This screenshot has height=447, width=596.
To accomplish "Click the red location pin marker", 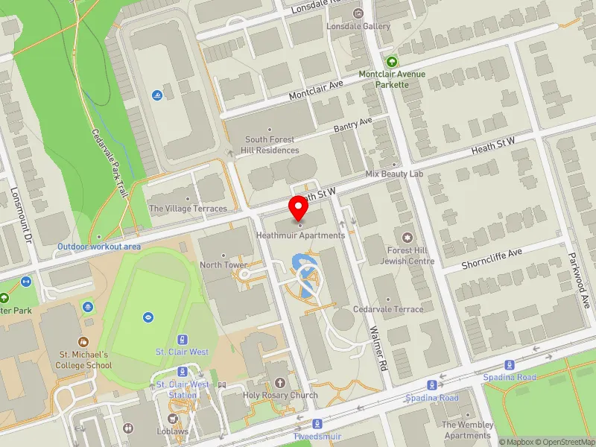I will coord(299,210).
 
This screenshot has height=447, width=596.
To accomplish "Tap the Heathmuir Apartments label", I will coord(300,235).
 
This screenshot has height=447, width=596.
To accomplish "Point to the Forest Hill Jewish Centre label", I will coord(407,256).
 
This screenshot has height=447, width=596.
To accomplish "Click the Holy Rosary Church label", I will coord(280,395).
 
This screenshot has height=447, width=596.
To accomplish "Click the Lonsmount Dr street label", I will coord(15,226).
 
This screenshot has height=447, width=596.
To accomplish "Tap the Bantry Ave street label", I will coord(352,126).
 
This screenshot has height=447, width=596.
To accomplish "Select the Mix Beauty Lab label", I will coord(394,174).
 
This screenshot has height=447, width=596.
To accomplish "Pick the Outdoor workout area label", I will coord(99,246).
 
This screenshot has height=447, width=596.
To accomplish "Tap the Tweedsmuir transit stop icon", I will coord(317,423).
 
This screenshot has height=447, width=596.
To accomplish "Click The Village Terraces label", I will coord(188,209).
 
